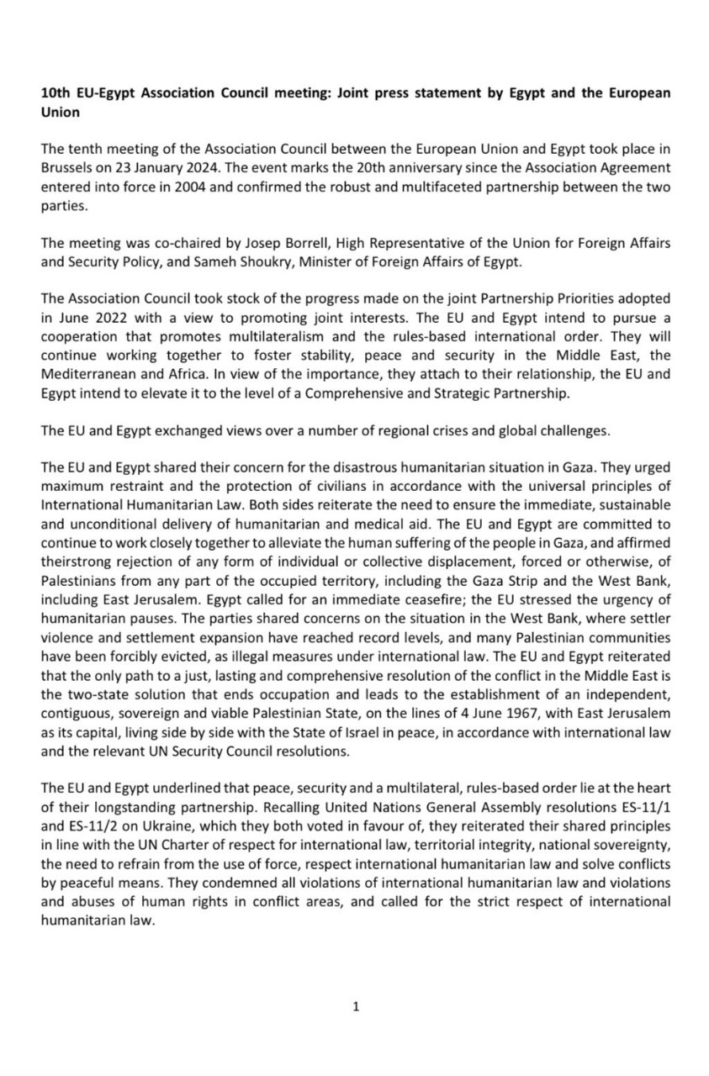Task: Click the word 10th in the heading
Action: point(55,93)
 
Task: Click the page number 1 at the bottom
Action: point(356,1005)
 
